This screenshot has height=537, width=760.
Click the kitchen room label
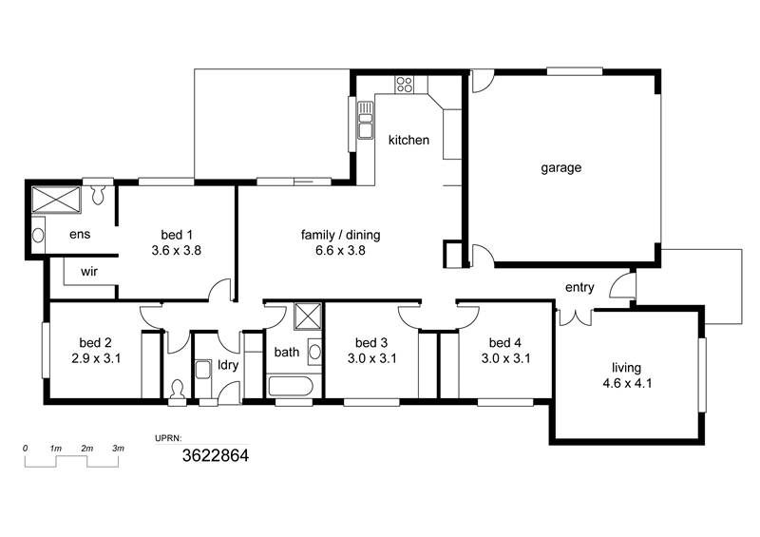click(x=408, y=140)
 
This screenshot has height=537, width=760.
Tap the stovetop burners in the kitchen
click(x=405, y=85)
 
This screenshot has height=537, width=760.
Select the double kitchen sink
click(x=366, y=121)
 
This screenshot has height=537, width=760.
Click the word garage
click(x=560, y=168)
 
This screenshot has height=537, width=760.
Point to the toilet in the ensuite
click(x=99, y=194)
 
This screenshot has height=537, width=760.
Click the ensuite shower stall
click(x=56, y=200)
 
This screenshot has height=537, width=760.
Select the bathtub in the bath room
click(x=292, y=386)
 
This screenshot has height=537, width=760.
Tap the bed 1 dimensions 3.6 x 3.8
click(x=177, y=251)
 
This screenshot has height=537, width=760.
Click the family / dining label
click(x=340, y=236)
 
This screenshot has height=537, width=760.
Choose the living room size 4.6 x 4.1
click(x=627, y=383)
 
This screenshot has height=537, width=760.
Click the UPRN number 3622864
click(x=216, y=455)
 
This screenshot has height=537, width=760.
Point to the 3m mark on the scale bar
click(x=118, y=449)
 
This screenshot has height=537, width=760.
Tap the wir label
click(x=89, y=272)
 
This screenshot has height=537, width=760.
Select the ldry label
click(x=228, y=365)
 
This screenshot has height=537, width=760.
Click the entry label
click(x=579, y=288)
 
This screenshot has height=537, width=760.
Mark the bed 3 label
click(x=371, y=343)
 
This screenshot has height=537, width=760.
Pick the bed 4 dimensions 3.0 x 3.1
click(x=505, y=358)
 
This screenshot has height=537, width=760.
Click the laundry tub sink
click(x=202, y=370)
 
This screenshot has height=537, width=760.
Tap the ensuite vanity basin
click(x=38, y=236)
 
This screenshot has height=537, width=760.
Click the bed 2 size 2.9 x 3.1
click(x=96, y=358)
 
